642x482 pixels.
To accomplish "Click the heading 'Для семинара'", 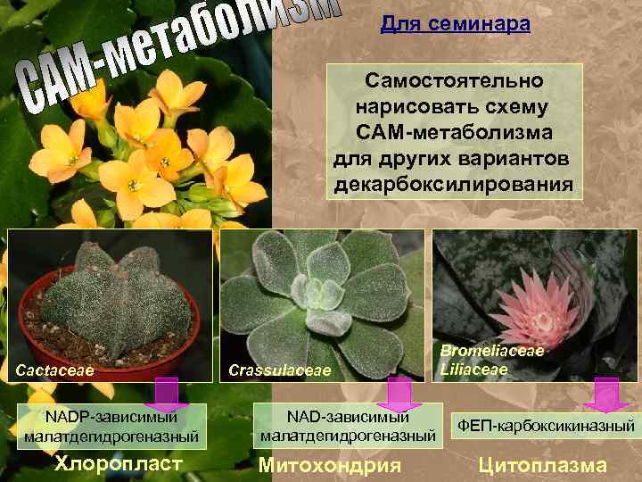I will tap(455, 23).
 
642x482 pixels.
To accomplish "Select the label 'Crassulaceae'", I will tap(279, 370).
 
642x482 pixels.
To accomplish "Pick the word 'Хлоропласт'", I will tap(119, 462).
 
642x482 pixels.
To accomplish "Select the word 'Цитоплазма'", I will tap(543, 464).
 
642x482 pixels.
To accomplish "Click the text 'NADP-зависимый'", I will tap(112, 417).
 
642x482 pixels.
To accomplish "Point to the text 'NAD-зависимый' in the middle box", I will tap(348, 417).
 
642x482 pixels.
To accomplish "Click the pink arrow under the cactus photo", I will tap(166, 394).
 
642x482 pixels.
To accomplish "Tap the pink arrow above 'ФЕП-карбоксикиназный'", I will tap(606, 395).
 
